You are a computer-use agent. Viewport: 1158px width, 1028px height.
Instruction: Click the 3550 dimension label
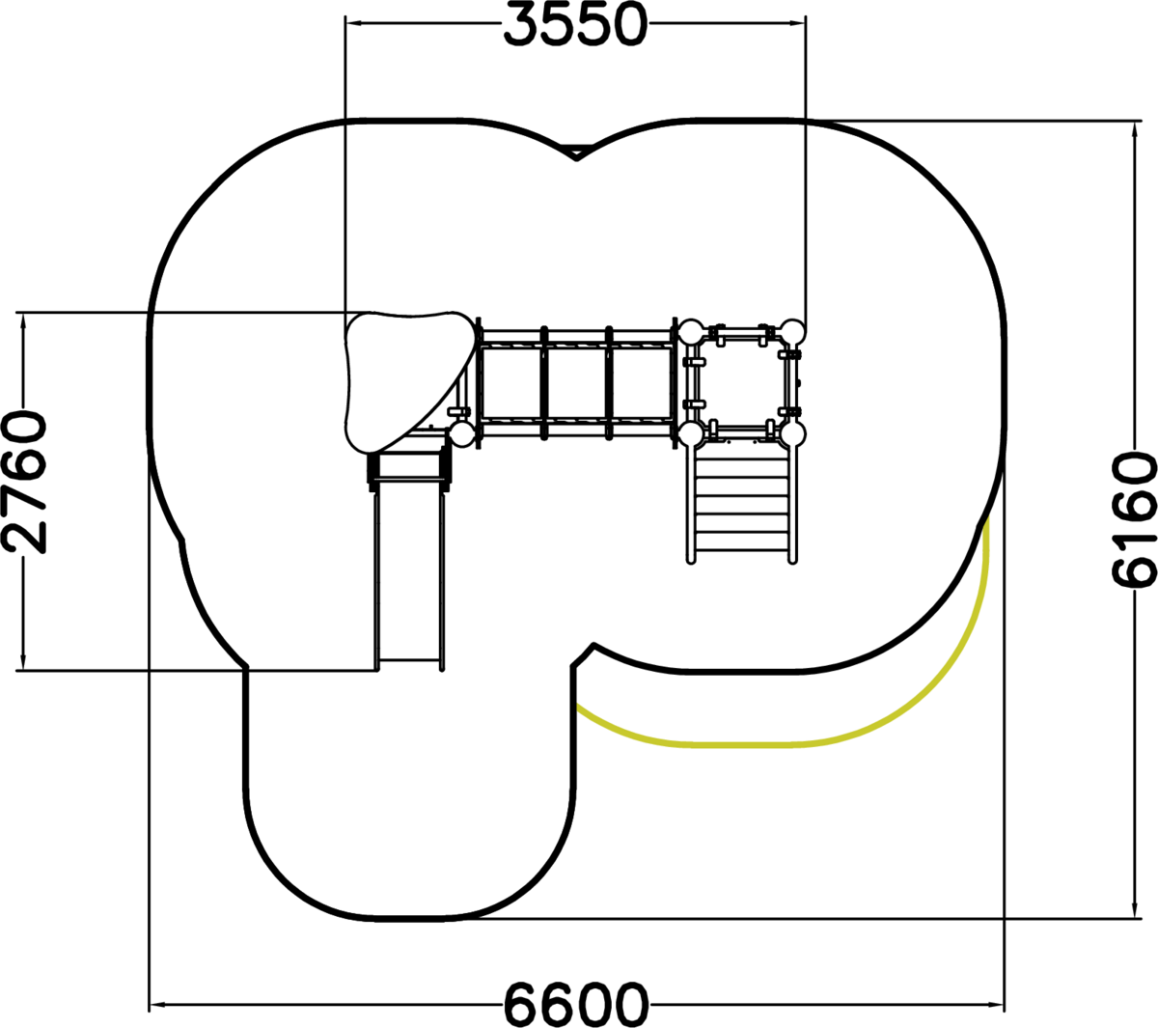575,24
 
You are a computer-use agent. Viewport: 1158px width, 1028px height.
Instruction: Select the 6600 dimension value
577,1003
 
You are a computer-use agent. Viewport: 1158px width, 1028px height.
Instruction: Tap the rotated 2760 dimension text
24,484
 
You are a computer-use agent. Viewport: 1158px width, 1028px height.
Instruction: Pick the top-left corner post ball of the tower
691,333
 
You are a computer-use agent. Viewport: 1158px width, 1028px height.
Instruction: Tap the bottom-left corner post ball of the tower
691,434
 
